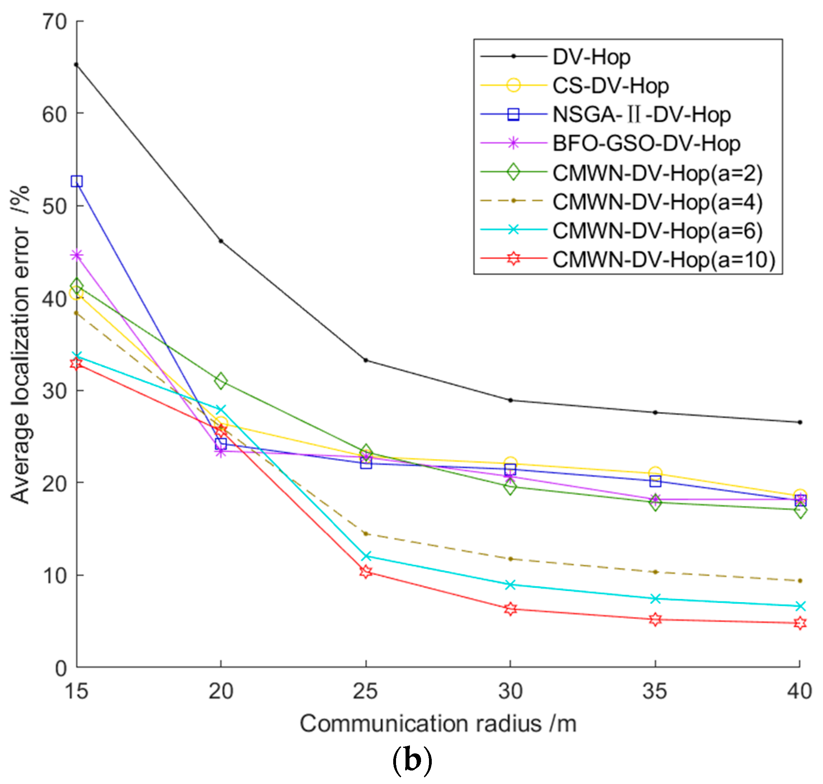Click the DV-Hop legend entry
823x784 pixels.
pos(591,57)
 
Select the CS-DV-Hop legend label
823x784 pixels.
pos(610,86)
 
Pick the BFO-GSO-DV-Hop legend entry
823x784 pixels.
pos(646,143)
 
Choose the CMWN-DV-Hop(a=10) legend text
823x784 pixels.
pos(663,259)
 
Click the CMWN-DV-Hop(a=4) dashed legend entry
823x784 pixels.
pos(657,201)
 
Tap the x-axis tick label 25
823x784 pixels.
pos(365,691)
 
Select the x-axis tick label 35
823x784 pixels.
pos(655,691)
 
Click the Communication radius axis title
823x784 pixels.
pos(438,724)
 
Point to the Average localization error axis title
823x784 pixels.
pos(20,345)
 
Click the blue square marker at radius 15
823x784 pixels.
pos(77,182)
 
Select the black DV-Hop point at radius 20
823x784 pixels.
pos(221,241)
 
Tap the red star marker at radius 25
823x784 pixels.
pos(366,572)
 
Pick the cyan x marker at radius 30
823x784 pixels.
pos(510,585)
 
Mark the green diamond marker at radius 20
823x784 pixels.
pos(221,381)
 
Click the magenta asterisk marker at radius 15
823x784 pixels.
pos(77,255)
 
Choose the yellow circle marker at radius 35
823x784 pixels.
pos(655,473)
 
